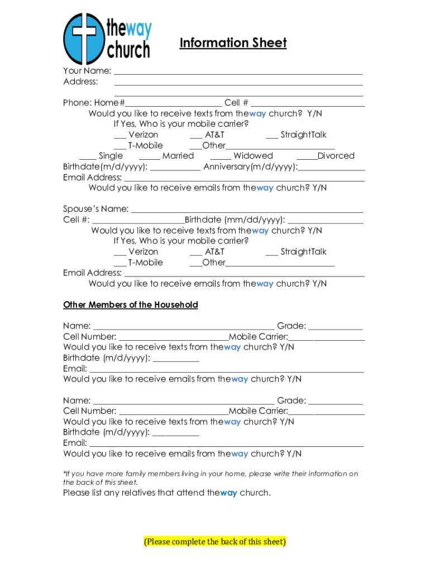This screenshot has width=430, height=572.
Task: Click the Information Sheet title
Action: (233, 43)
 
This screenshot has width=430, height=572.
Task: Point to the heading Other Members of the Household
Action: (131, 305)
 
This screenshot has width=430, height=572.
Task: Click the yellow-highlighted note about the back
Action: (215, 541)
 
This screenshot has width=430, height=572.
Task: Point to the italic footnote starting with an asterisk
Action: (211, 478)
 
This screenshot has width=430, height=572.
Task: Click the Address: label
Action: (80, 82)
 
